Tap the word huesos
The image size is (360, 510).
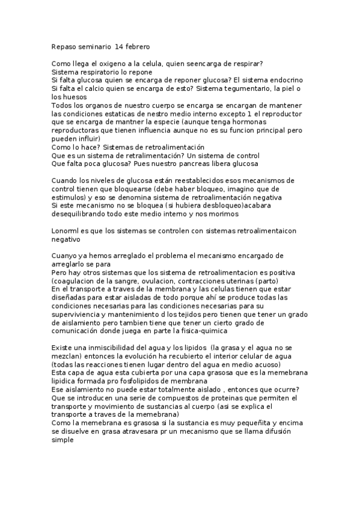75,97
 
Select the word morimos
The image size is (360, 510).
225,214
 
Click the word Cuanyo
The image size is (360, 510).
65,255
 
